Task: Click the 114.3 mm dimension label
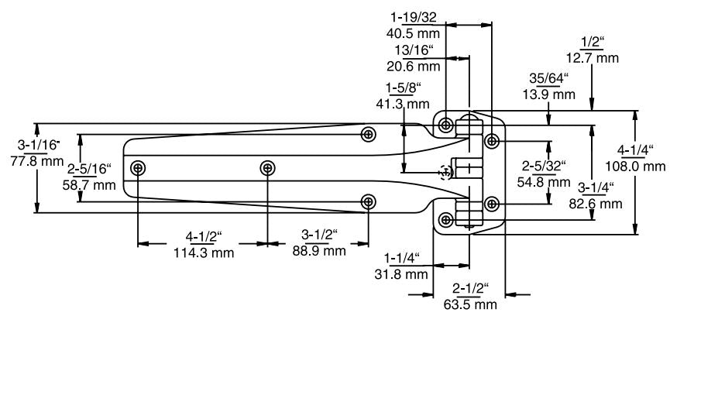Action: pos(204,252)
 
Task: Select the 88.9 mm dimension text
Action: pos(318,250)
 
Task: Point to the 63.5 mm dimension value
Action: pos(470,304)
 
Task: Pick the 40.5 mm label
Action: pos(414,33)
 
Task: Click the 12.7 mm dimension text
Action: pos(593,58)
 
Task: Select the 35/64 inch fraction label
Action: pos(548,78)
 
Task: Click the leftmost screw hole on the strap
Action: pos(139,167)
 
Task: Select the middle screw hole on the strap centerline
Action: pos(267,167)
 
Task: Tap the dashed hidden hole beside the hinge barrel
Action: pos(445,172)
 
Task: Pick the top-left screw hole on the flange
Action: pos(446,125)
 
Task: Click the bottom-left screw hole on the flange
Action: pos(446,219)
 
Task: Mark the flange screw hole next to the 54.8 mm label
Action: pos(492,203)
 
